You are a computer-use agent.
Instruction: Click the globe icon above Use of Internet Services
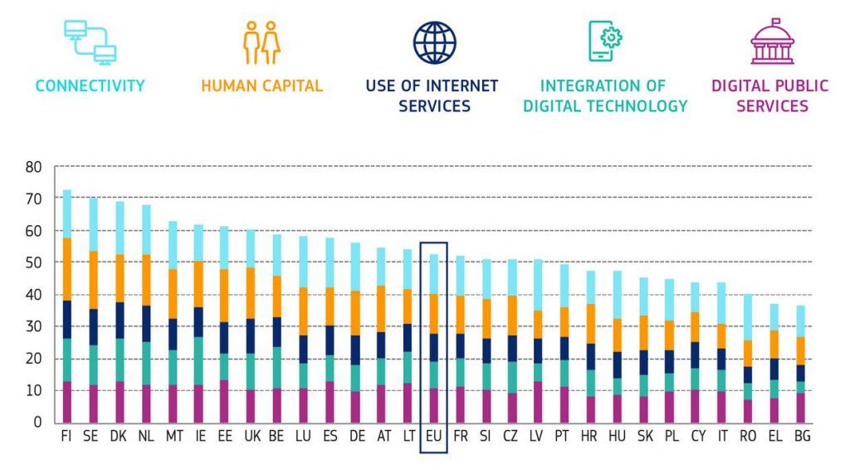click(x=435, y=42)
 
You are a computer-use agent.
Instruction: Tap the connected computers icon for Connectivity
click(x=90, y=42)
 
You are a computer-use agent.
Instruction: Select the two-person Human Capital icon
click(x=261, y=42)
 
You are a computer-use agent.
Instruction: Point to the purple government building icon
click(x=772, y=42)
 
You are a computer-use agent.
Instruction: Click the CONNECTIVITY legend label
click(x=90, y=86)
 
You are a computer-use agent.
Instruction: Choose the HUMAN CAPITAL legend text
click(x=261, y=86)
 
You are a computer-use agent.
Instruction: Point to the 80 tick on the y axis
click(x=33, y=166)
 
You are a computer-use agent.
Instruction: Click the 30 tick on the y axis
click(x=33, y=326)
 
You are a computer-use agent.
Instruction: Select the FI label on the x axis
click(x=66, y=437)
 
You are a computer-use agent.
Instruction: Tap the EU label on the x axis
click(x=432, y=437)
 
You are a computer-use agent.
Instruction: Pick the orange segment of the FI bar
click(x=66, y=268)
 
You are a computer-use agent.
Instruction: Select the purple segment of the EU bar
click(x=432, y=405)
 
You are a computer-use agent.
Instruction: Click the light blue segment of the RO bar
click(x=748, y=317)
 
